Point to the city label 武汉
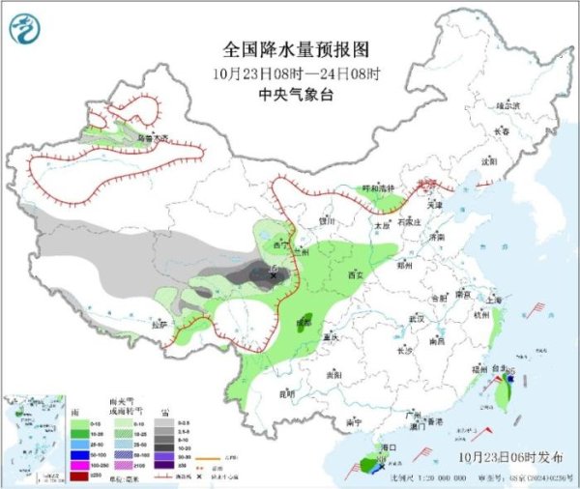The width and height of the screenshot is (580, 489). tap(417, 318)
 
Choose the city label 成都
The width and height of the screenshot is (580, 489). tap(304, 319)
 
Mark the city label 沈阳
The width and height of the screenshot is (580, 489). tap(494, 161)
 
